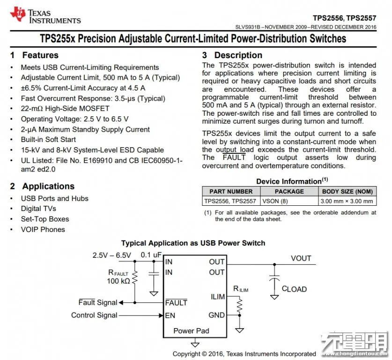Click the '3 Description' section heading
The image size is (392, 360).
tap(232, 55)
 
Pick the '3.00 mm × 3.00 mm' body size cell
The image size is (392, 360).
tap(347, 201)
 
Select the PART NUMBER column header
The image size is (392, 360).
tap(231, 191)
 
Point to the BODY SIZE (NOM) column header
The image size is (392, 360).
tap(347, 191)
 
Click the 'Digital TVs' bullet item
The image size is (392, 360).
tap(38, 209)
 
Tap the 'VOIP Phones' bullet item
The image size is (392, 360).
tap(43, 229)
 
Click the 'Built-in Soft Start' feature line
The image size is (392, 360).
tap(48, 140)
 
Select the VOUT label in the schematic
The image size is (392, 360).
tap(301, 258)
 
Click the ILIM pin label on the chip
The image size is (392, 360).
tap(218, 297)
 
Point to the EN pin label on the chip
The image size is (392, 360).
tap(170, 315)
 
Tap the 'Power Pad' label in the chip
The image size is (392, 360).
tap(191, 330)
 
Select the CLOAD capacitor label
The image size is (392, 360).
tap(294, 289)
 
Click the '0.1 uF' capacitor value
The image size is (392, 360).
tap(151, 255)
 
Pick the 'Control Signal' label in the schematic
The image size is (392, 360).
tap(94, 315)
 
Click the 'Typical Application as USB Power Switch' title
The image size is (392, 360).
tap(193, 243)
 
